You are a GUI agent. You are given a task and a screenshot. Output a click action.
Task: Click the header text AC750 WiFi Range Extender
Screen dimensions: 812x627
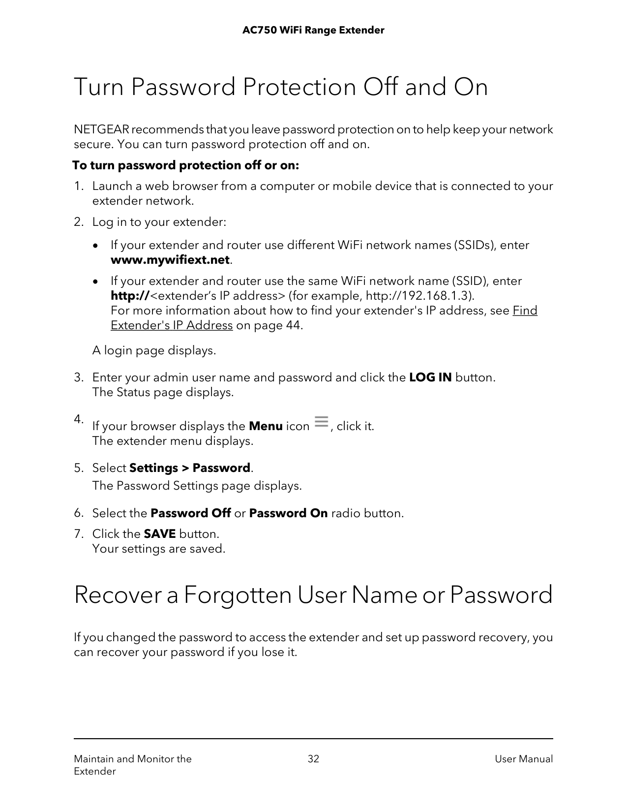pos(313,31)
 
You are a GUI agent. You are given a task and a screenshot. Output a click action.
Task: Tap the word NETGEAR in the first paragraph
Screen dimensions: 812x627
pos(101,130)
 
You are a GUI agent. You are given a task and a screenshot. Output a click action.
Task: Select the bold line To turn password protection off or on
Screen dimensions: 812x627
pos(186,165)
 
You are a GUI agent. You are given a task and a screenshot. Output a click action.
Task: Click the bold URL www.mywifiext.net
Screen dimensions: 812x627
pos(170,260)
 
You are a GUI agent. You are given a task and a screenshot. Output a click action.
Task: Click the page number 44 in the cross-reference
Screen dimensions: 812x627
pos(292,325)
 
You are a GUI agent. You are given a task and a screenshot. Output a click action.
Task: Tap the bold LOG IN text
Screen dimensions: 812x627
pos(430,377)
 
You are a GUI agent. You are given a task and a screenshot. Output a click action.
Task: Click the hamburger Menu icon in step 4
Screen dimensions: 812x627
pos(321,422)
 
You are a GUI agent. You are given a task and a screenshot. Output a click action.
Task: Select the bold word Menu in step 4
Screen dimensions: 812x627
pos(266,426)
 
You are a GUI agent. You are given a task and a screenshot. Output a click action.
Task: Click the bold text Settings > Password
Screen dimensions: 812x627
pos(190,468)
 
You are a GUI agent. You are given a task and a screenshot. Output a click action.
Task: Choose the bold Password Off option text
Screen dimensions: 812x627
pos(191,513)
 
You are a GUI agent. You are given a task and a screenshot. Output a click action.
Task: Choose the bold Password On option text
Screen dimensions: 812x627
pos(288,513)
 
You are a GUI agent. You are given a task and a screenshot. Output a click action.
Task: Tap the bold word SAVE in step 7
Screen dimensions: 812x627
pos(159,534)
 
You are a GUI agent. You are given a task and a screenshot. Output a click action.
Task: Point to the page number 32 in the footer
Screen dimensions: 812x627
pos(313,759)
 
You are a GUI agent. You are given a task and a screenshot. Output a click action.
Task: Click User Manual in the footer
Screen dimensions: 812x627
pos(524,759)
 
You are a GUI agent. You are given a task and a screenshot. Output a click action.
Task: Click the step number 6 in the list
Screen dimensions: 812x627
pos(77,513)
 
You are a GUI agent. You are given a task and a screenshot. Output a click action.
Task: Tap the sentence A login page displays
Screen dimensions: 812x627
pos(154,351)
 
